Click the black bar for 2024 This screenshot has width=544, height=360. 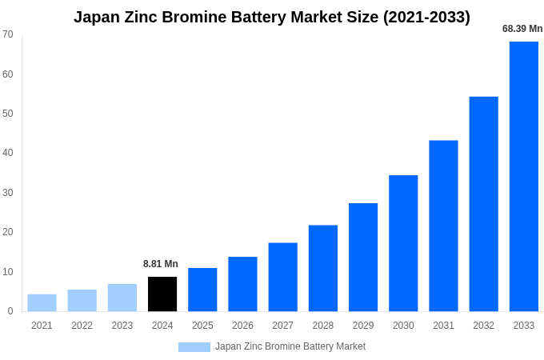(x=162, y=294)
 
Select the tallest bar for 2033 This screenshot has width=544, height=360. (x=523, y=176)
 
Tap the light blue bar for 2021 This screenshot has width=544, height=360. (x=42, y=302)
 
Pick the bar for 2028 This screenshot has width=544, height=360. (x=322, y=268)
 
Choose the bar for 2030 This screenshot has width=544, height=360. (x=403, y=243)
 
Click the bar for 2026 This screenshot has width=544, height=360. (x=242, y=284)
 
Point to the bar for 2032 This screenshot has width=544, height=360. (x=483, y=204)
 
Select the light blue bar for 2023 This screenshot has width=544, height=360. (x=122, y=298)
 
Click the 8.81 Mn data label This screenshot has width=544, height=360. (x=161, y=264)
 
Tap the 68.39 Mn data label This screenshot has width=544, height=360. (x=522, y=29)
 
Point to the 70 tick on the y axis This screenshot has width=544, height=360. (x=8, y=34)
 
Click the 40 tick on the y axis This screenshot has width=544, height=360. (x=8, y=153)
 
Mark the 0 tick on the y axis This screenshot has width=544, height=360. (x=10, y=311)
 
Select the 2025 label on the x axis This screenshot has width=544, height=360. (x=202, y=326)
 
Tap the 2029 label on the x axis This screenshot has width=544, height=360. (x=363, y=326)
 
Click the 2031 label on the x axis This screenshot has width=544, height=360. (x=443, y=326)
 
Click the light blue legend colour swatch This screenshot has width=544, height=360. (x=194, y=347)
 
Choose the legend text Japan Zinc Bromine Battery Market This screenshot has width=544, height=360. (x=290, y=346)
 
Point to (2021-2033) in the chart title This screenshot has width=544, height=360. (x=426, y=17)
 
